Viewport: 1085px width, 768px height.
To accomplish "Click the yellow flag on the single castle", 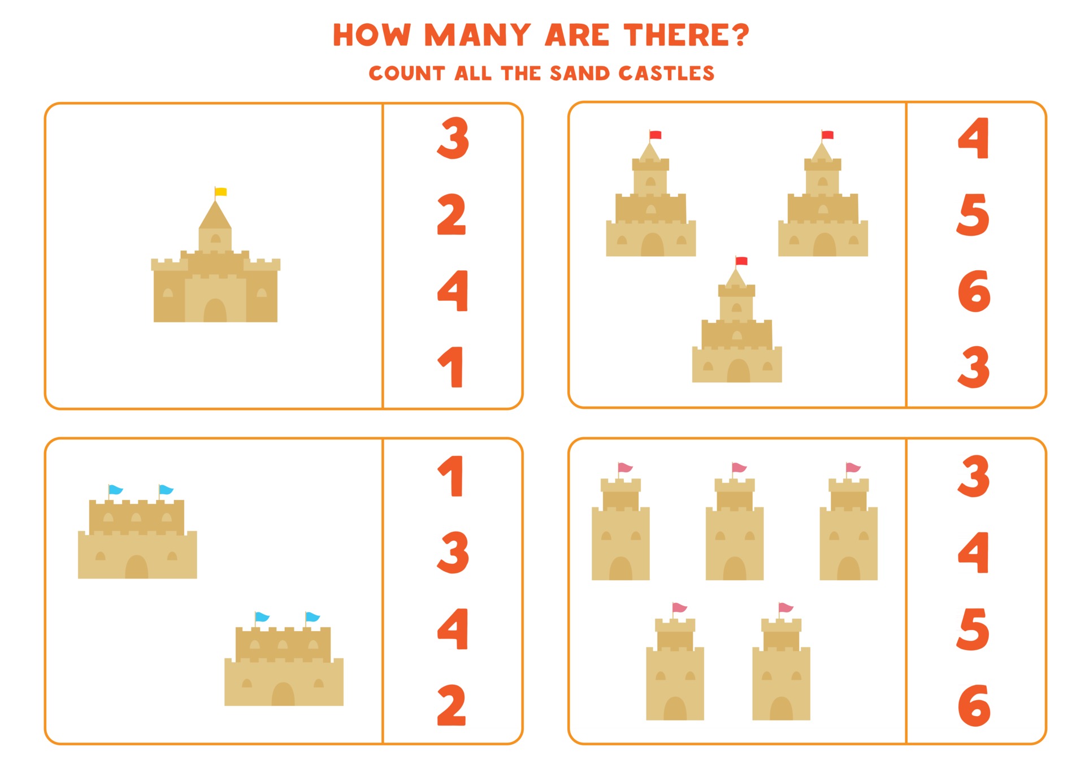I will (x=221, y=192).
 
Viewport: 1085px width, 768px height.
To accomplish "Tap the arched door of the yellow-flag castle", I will (x=215, y=311).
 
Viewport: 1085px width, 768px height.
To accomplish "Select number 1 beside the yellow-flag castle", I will (x=452, y=367).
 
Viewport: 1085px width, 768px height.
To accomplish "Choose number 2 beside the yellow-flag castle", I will (x=452, y=214).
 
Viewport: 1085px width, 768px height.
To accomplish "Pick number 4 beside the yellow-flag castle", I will (x=453, y=291).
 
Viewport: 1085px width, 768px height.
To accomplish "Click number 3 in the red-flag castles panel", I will (x=974, y=367).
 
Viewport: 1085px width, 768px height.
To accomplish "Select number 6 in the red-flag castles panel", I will (x=974, y=291).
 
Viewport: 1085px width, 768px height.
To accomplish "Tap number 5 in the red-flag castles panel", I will (x=973, y=214).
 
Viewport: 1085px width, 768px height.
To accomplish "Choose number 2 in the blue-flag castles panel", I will (x=452, y=705).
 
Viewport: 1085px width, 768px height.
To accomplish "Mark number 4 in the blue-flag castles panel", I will (x=453, y=628).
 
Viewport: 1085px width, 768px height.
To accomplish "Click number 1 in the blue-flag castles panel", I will (x=452, y=476).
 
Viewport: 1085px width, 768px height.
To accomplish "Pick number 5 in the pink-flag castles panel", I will (x=973, y=629).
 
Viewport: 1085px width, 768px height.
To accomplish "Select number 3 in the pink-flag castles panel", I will (x=974, y=476).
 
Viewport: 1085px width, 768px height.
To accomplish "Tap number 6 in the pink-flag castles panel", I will (x=974, y=705).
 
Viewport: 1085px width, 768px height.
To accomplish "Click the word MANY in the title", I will (x=478, y=35).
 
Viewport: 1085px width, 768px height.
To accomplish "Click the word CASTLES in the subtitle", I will (x=666, y=74).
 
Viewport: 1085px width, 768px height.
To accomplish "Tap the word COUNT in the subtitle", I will (x=407, y=74).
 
